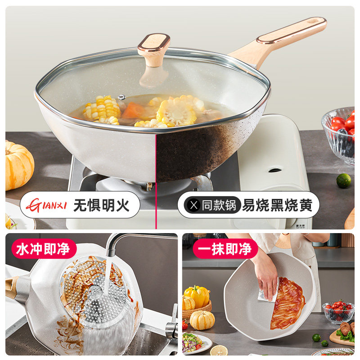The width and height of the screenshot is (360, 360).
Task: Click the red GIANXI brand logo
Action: coord(45,205)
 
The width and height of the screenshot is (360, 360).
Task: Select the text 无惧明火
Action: coord(102,205)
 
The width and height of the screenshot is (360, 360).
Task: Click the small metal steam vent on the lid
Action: coord(121,97)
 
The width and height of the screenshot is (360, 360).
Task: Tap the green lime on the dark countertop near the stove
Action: coord(344,180)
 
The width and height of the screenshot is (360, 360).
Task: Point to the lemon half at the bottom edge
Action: coord(219,351)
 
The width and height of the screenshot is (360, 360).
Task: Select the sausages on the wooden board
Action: coord(346,328)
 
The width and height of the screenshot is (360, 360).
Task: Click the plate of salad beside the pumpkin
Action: coord(194,342)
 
